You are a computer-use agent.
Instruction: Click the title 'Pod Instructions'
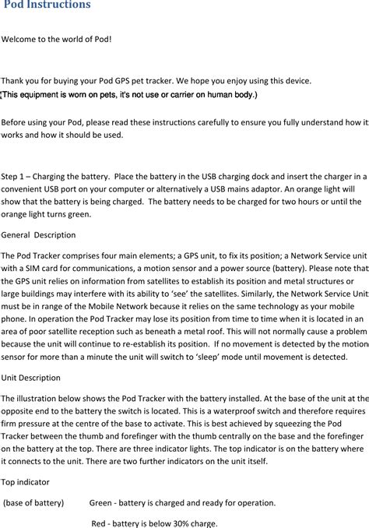pyautogui.click(x=47, y=5)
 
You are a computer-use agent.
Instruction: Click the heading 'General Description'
pyautogui.click(x=39, y=234)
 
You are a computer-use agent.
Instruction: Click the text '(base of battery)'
pyautogui.click(x=34, y=503)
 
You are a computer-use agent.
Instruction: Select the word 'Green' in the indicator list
pyautogui.click(x=102, y=503)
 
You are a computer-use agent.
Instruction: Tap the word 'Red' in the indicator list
pyautogui.click(x=100, y=523)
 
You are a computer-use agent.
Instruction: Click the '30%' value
pyautogui.click(x=180, y=523)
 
